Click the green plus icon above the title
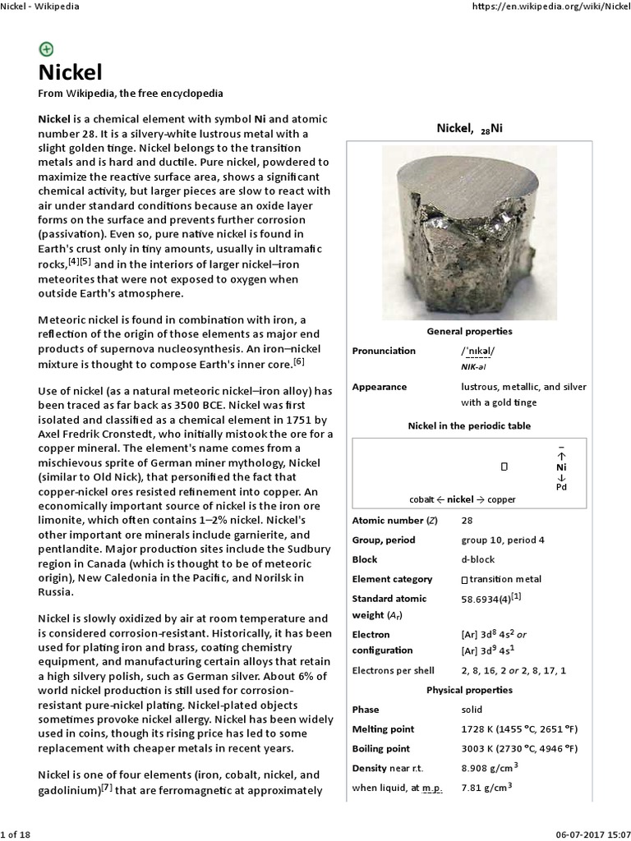(46, 48)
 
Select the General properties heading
(469, 331)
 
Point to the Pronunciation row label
(384, 351)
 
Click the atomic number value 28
(467, 521)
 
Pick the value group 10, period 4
(502, 540)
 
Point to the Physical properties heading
(469, 690)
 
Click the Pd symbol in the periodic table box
(561, 486)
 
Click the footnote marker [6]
(299, 360)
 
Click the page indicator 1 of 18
(15, 834)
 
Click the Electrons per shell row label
(393, 670)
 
